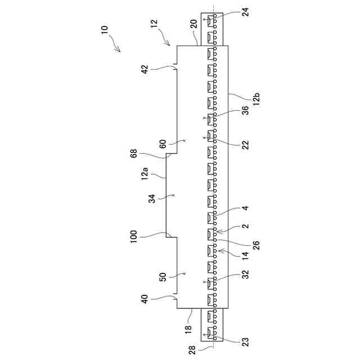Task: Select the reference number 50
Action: (163, 277)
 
